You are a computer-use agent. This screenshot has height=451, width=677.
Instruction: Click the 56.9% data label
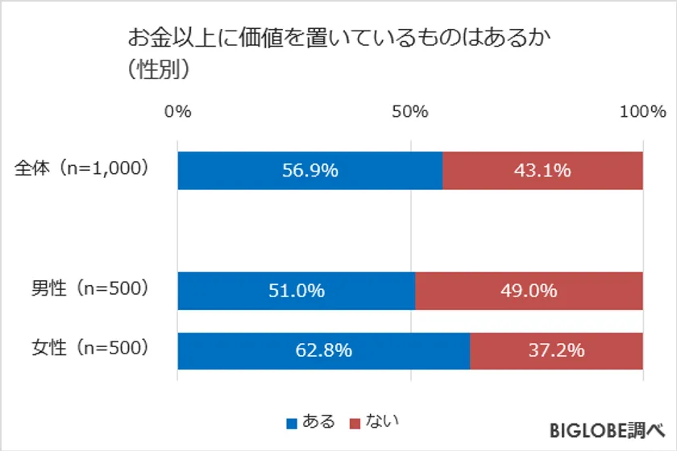[x=310, y=171]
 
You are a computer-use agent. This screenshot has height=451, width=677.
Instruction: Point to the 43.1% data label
[x=543, y=171]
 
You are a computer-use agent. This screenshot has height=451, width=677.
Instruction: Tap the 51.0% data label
[x=297, y=291]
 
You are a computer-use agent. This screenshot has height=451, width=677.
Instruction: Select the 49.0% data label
[x=530, y=291]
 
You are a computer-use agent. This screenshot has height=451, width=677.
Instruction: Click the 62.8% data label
[x=324, y=350]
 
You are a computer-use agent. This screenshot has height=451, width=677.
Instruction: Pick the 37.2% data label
[x=557, y=350]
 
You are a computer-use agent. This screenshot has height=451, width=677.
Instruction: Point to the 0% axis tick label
[x=177, y=112]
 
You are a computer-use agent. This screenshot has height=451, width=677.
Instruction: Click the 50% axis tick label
[x=410, y=112]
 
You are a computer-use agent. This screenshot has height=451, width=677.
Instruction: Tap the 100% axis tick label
[x=642, y=112]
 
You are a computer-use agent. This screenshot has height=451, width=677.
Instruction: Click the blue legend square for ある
[x=292, y=422]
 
